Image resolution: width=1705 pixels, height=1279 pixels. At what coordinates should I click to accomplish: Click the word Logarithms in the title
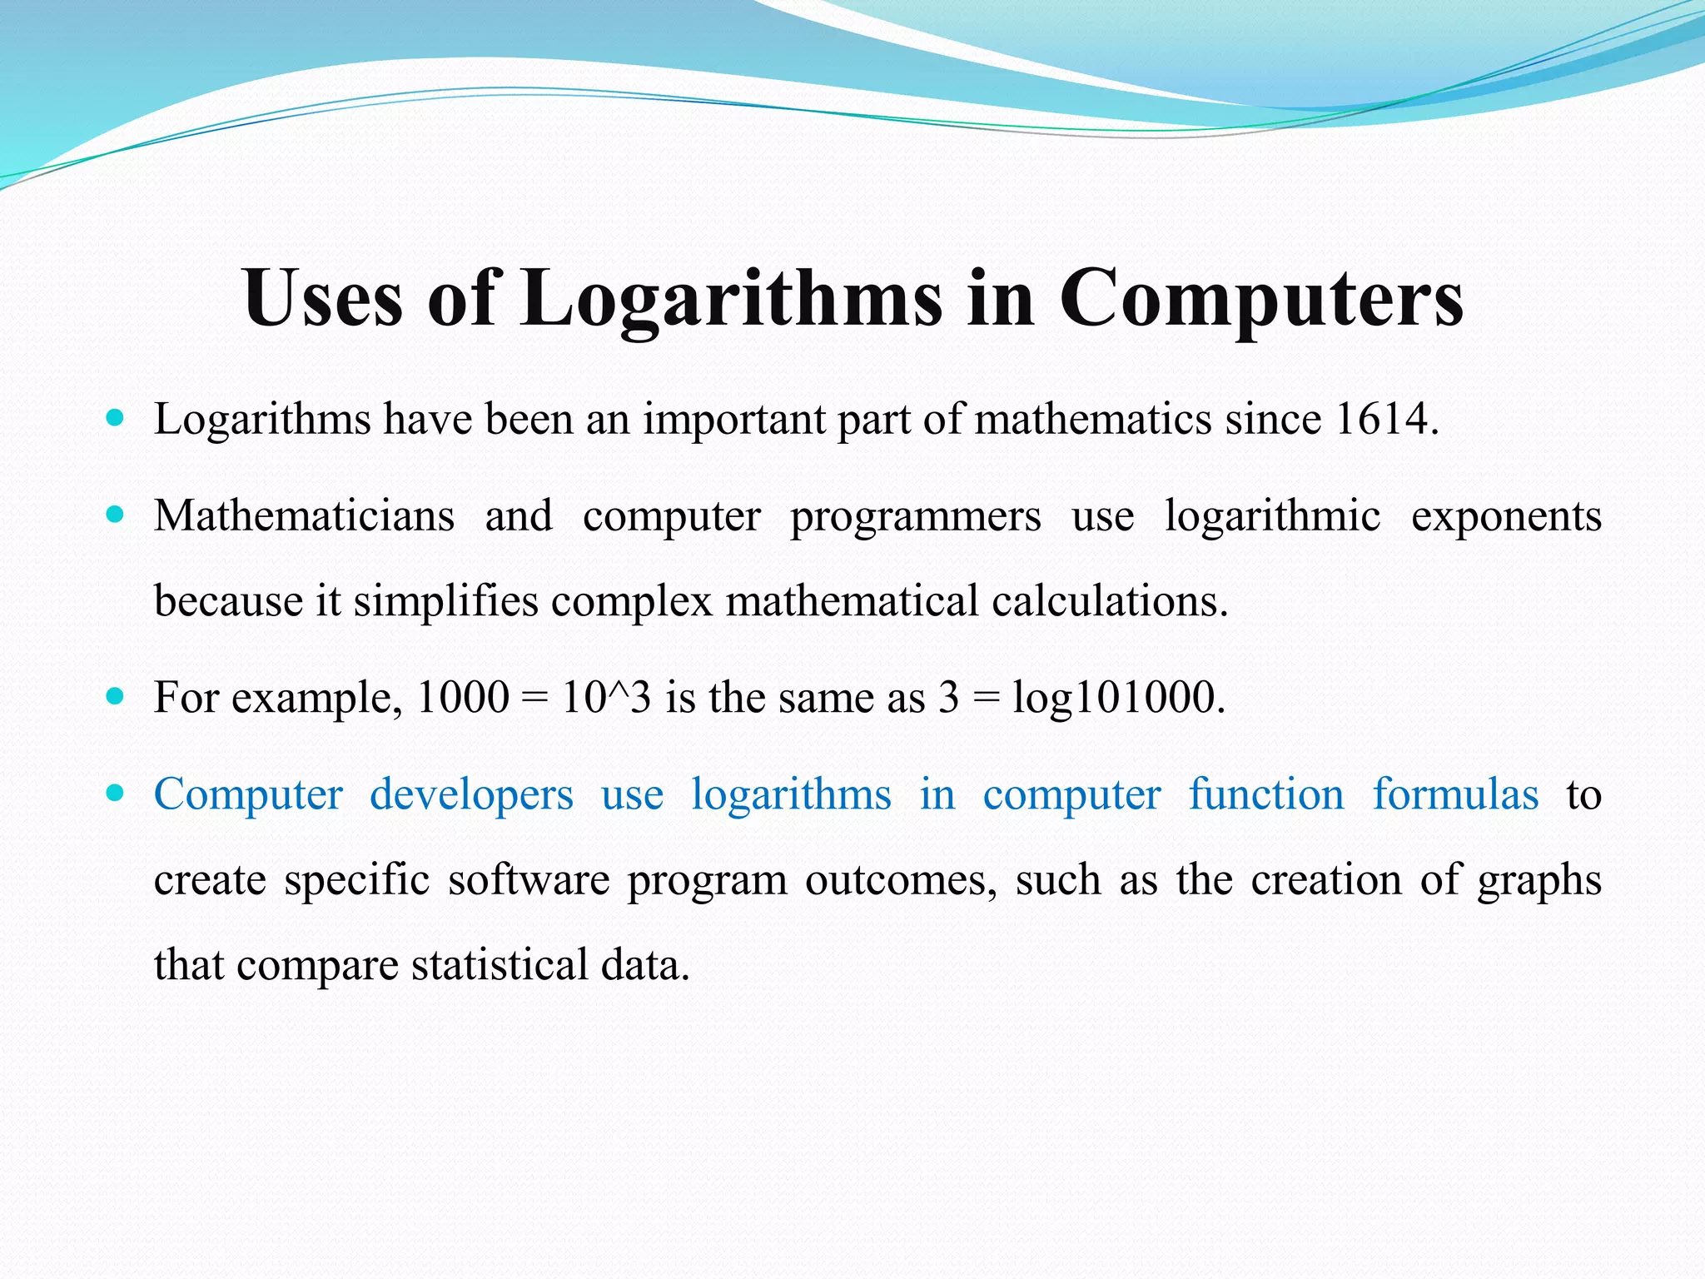point(732,298)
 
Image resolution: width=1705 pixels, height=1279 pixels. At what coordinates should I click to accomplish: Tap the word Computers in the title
point(1260,298)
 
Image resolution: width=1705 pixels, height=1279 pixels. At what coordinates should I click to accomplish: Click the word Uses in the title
point(323,298)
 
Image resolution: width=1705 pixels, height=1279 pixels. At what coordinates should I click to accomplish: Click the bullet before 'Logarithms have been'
point(116,416)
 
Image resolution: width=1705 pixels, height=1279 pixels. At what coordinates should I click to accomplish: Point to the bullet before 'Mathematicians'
point(116,514)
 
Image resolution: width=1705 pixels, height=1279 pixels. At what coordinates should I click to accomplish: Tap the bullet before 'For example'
point(116,695)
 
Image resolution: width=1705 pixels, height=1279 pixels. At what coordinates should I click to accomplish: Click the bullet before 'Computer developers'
point(116,792)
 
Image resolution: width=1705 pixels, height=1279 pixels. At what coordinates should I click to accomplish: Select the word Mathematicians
point(304,515)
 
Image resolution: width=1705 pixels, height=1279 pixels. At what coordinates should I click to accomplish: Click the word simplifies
point(445,601)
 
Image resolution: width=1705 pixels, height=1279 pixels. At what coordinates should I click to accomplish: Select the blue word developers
point(471,794)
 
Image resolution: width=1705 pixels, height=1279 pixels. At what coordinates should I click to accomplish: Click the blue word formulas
point(1455,794)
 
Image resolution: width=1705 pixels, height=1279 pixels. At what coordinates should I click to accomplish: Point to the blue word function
point(1265,794)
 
